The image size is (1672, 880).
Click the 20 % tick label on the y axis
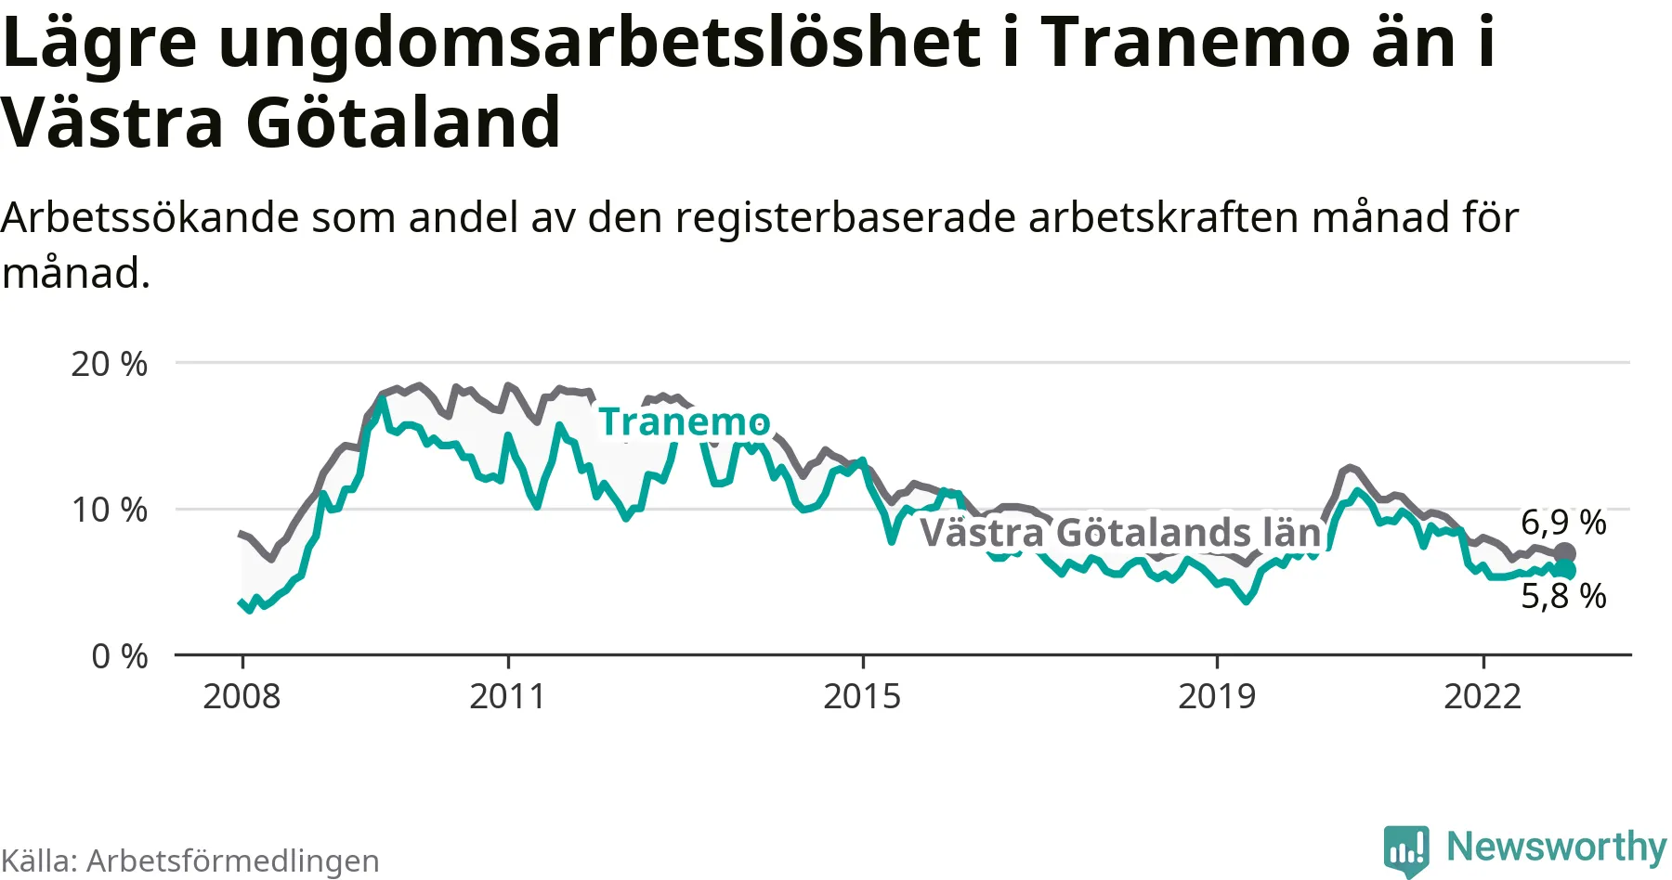pos(109,364)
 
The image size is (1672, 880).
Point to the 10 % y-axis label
pos(109,510)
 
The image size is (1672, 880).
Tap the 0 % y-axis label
pos(119,656)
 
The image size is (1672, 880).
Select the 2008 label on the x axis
pos(242,696)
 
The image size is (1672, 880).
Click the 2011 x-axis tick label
pos(507,696)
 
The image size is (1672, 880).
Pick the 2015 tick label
pos(862,696)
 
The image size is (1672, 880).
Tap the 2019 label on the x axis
pos(1217,696)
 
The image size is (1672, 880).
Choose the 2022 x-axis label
pos(1483,696)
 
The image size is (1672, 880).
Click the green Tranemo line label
pos(684,422)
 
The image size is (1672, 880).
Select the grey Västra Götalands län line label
pos(1120,533)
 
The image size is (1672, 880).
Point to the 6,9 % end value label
pos(1563,523)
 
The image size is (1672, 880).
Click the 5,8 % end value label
pos(1563,596)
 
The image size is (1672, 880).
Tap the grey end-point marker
pos(1565,554)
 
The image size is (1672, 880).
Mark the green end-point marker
pos(1566,570)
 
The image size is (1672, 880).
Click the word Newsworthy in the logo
pos(1557,847)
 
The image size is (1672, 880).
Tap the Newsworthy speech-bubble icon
pos(1406,849)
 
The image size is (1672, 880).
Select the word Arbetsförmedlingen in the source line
pos(233,861)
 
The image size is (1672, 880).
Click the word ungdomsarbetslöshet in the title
pos(599,43)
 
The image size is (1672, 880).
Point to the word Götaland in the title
pos(403,123)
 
